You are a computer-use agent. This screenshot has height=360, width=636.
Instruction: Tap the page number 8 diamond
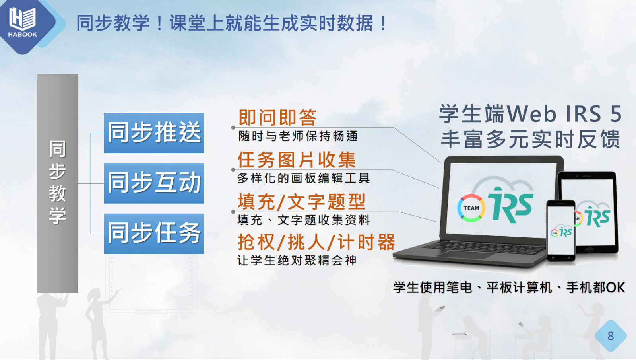(611, 336)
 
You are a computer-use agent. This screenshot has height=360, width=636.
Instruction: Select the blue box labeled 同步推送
(153, 133)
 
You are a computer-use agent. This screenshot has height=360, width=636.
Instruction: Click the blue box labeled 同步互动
(153, 183)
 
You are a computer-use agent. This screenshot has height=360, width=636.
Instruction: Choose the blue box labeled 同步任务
(153, 234)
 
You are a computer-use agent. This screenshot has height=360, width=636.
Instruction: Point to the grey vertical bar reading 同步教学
(57, 183)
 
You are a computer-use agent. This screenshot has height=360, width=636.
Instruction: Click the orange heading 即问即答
(277, 117)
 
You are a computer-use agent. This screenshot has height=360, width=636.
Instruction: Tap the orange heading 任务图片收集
(297, 160)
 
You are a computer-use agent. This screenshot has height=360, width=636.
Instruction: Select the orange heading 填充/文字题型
(301, 201)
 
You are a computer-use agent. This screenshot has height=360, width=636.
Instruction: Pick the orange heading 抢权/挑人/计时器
(316, 242)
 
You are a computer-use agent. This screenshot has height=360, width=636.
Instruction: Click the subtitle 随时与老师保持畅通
(298, 136)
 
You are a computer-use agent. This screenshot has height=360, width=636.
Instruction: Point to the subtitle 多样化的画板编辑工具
(304, 178)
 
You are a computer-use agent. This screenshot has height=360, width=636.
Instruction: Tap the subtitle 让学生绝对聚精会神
(297, 260)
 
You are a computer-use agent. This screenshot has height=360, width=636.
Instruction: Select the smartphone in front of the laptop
(561, 230)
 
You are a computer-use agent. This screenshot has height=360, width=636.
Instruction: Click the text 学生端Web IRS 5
(530, 114)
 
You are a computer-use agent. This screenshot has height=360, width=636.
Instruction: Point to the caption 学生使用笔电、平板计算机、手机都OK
(509, 288)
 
